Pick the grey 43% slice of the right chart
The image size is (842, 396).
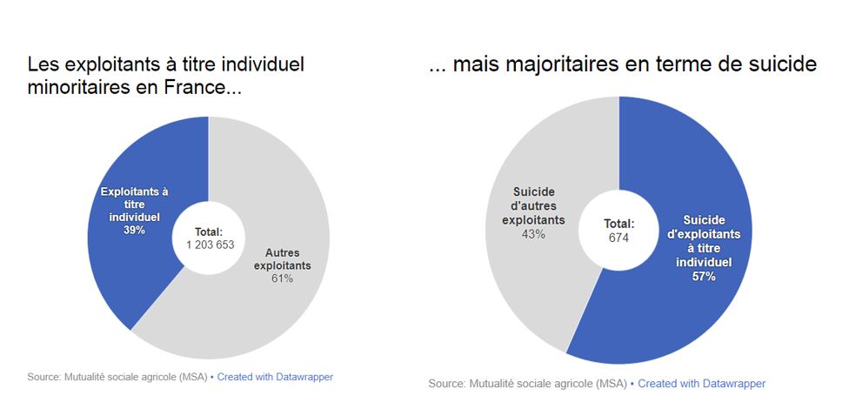[x=531, y=287]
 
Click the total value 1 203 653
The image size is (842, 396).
[x=210, y=245]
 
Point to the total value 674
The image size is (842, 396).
[x=619, y=237]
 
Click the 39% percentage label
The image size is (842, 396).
[x=133, y=231]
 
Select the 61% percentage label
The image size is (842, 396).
[x=282, y=279]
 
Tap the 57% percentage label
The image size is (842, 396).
[x=705, y=277]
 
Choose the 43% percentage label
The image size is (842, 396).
[x=533, y=234]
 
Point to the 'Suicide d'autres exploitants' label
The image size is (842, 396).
[x=533, y=205]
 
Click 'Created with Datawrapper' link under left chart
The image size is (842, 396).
[x=275, y=377]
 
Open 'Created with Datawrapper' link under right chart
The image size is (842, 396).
[x=702, y=383]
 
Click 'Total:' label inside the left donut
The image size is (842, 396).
[x=210, y=232]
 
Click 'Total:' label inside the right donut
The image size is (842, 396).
[x=619, y=224]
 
